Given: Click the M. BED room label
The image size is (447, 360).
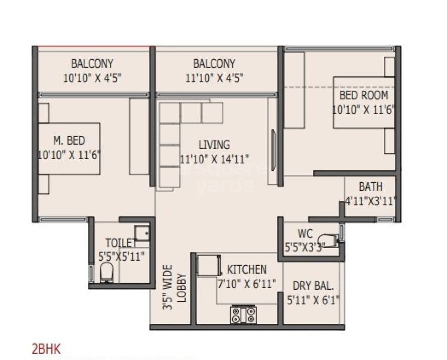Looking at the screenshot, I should click(69, 140).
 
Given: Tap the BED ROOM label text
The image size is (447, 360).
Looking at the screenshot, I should click(364, 95).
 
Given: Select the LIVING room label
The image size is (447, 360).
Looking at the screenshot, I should click(214, 145).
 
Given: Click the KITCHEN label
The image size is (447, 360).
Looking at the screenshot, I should click(247, 269).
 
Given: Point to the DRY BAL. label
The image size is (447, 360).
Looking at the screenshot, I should click(314, 287).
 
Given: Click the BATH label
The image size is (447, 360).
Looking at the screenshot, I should click(371, 187).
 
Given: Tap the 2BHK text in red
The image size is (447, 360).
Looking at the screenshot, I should click(46, 349).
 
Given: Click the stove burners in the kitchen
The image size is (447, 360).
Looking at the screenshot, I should click(243, 314).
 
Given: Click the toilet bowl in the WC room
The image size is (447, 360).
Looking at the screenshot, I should click(331, 239).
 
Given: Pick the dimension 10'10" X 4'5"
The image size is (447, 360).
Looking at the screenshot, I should click(92, 78).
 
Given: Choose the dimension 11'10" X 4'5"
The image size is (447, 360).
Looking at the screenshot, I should click(214, 78).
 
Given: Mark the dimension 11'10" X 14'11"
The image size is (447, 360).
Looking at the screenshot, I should click(214, 159).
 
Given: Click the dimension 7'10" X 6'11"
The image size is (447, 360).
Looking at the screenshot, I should click(247, 284).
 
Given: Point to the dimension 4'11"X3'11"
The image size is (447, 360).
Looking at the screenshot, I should click(371, 202).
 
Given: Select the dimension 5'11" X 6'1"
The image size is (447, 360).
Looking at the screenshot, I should click(314, 302).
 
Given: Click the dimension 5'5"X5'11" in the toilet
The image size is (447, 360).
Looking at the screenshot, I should click(121, 257).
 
